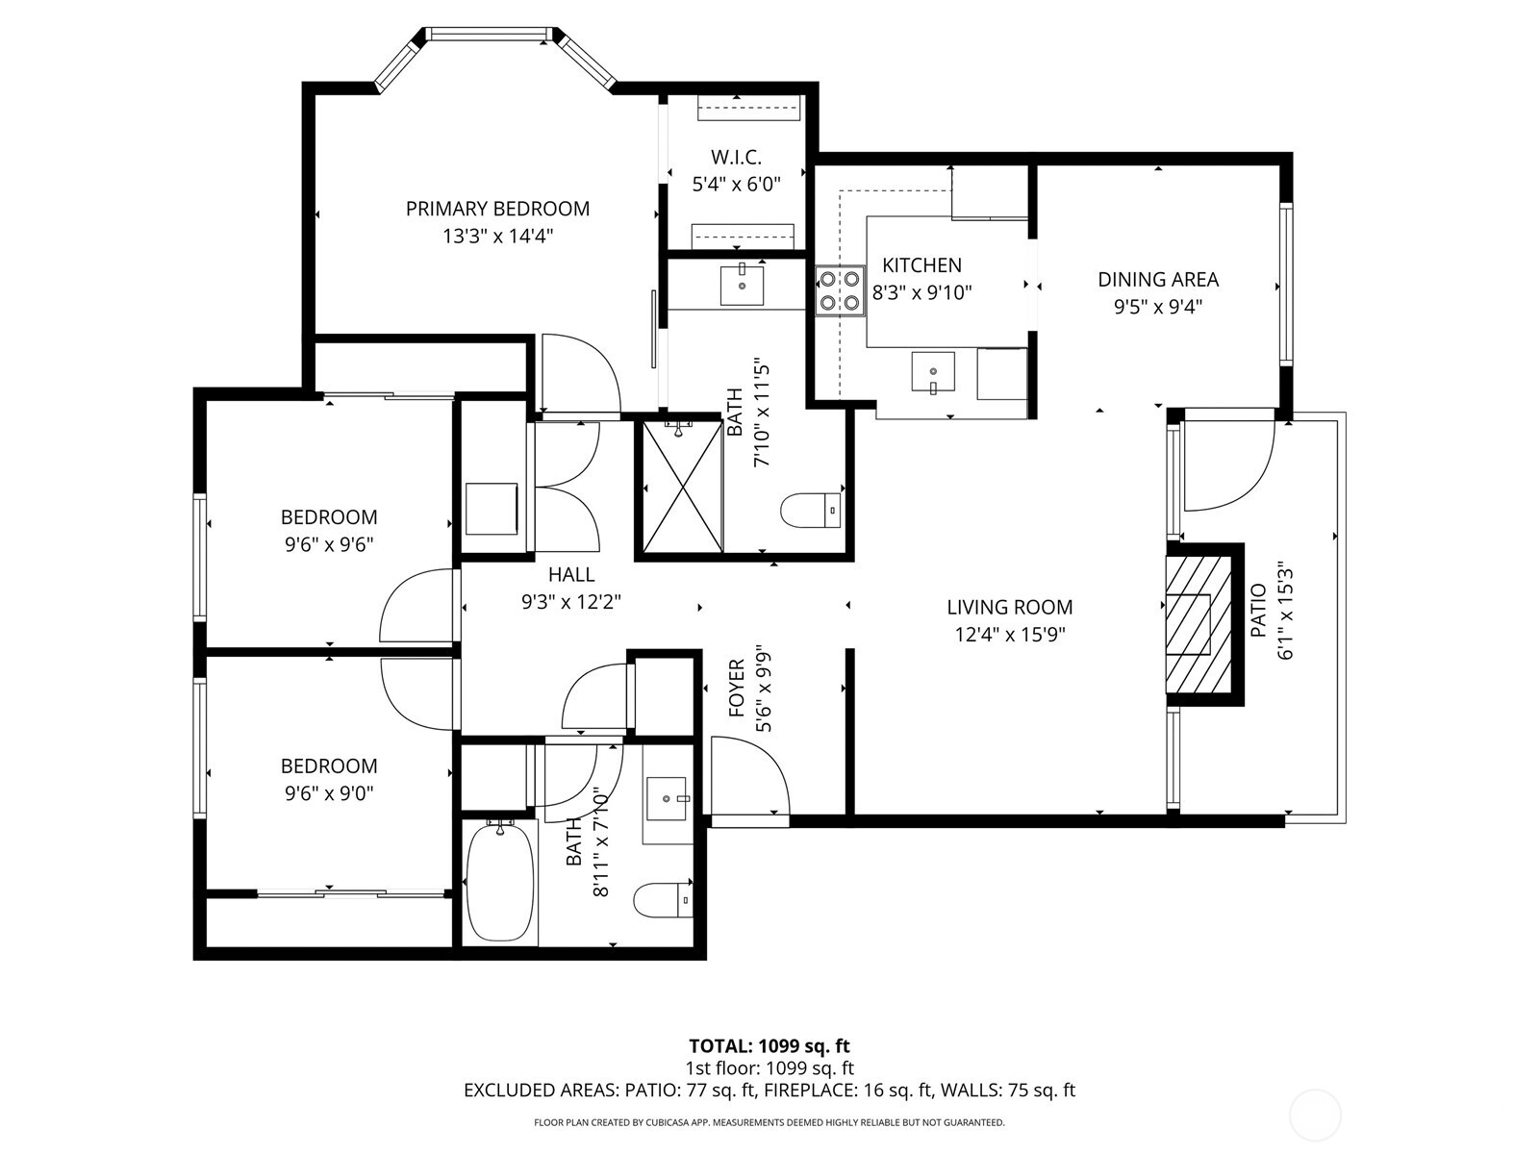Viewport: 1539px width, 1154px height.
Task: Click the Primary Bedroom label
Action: pyautogui.click(x=497, y=209)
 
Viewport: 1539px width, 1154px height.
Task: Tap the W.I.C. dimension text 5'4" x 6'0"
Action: pyautogui.click(x=736, y=183)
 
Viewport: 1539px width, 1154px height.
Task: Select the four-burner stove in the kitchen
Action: pyautogui.click(x=838, y=291)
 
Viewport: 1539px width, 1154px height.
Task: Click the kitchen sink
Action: pyautogui.click(x=933, y=372)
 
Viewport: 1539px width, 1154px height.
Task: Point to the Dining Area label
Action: pyautogui.click(x=1158, y=280)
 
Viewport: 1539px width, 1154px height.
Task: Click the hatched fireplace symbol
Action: pyautogui.click(x=1198, y=624)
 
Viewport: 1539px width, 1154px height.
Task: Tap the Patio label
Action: pyautogui.click(x=1257, y=611)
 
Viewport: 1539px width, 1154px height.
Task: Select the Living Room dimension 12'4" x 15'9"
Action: pyautogui.click(x=1009, y=635)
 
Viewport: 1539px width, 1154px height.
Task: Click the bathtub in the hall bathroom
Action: pyautogui.click(x=500, y=881)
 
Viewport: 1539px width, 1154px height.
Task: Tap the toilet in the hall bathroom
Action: pyautogui.click(x=663, y=900)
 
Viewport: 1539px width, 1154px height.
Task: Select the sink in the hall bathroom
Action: pyautogui.click(x=667, y=798)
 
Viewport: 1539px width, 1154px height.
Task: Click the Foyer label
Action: pyautogui.click(x=737, y=688)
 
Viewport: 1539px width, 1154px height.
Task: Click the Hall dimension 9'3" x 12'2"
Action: pyautogui.click(x=571, y=602)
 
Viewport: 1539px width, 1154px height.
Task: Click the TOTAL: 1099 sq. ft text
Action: pyautogui.click(x=769, y=1046)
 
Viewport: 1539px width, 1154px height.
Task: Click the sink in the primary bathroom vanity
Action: pyautogui.click(x=742, y=286)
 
